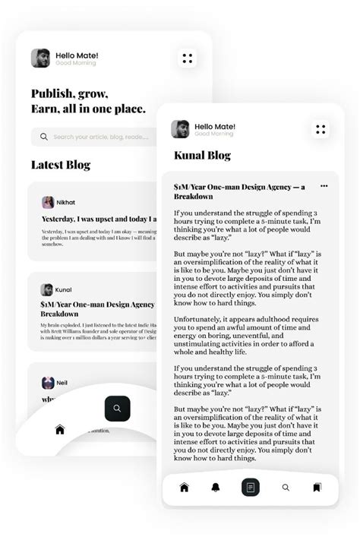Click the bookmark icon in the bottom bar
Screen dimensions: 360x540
[x=317, y=487]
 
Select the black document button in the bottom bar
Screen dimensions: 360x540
[x=251, y=487]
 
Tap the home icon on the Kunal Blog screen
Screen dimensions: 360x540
[x=184, y=487]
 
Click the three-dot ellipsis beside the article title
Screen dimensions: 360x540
[x=324, y=186]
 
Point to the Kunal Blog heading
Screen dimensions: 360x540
[x=202, y=155]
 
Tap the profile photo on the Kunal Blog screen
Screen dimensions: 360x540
[x=180, y=129]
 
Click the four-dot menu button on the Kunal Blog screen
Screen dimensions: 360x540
[x=321, y=130]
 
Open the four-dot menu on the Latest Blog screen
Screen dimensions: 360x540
[x=188, y=58]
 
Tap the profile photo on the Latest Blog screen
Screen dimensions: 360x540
[x=40, y=58]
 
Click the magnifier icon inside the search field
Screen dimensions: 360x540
[x=44, y=137]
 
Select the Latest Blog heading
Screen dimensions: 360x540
[x=60, y=165]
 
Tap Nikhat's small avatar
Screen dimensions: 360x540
[x=48, y=203]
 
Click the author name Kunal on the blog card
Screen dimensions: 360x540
[x=64, y=290]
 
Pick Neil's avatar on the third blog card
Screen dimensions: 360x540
[x=48, y=383]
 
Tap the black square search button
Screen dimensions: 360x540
[x=117, y=409]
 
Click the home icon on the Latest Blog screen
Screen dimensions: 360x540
[x=60, y=430]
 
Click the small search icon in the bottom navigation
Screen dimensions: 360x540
[x=286, y=488]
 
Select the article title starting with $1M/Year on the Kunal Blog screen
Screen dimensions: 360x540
[x=239, y=191]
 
